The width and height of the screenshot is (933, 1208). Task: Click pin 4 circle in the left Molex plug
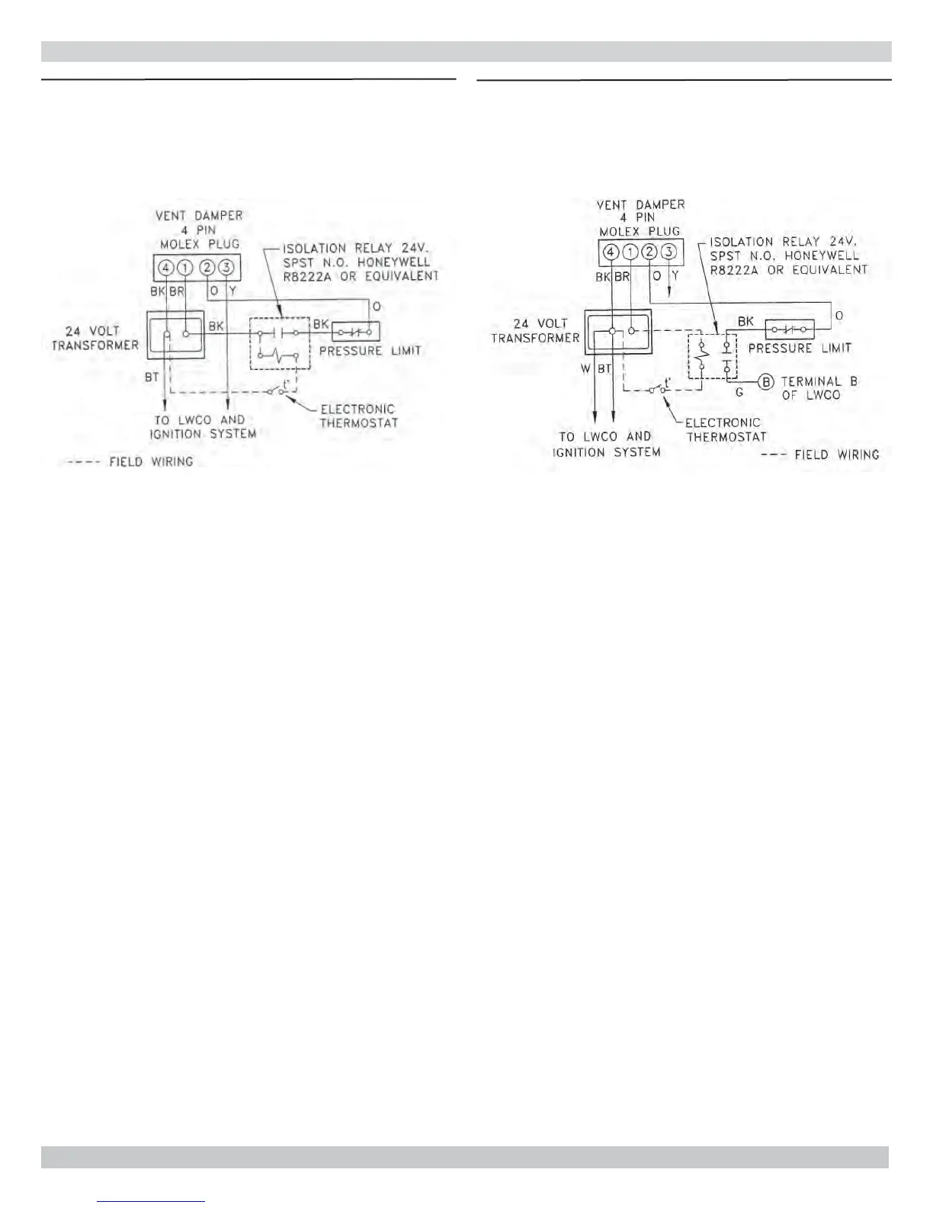(166, 268)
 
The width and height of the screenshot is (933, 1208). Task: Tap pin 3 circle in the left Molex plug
(226, 268)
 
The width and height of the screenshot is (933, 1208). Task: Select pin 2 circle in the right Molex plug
(649, 252)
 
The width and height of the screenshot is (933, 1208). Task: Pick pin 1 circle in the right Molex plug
(630, 252)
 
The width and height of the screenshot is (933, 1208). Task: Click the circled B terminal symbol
(766, 381)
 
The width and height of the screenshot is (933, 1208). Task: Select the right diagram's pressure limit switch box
(789, 329)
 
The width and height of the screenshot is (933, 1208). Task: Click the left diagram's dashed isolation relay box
(279, 343)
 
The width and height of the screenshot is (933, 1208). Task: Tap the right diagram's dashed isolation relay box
(712, 356)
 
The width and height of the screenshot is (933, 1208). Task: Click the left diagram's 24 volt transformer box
(176, 334)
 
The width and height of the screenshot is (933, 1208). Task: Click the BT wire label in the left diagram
(152, 377)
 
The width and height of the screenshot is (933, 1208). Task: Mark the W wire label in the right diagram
(585, 369)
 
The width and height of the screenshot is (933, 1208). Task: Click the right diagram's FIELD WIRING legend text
(836, 455)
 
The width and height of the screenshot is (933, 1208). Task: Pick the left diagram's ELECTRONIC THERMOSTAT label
(358, 416)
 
